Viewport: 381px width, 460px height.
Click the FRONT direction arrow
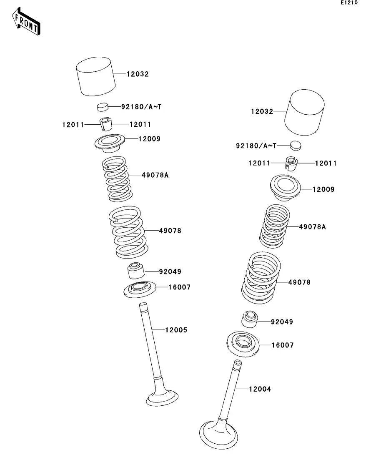point(26,21)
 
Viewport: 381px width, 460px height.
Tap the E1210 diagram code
point(349,3)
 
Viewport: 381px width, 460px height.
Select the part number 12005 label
point(176,330)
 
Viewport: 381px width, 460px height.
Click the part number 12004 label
point(260,389)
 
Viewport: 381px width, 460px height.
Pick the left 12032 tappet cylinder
point(95,76)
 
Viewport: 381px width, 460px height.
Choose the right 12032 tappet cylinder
point(304,112)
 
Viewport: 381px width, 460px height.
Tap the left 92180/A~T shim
point(103,107)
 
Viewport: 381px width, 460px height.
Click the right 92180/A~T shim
point(296,146)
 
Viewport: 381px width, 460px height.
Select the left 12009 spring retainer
point(110,143)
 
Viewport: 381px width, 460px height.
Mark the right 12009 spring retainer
point(286,188)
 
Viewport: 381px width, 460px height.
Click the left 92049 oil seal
point(136,271)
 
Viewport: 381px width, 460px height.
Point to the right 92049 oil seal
point(249,319)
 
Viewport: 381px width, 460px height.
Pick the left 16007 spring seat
point(140,289)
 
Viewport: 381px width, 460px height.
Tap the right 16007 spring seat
point(243,344)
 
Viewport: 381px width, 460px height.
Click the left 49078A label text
point(155,175)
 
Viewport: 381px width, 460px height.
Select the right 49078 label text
point(299,282)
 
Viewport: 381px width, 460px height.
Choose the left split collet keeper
point(106,124)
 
